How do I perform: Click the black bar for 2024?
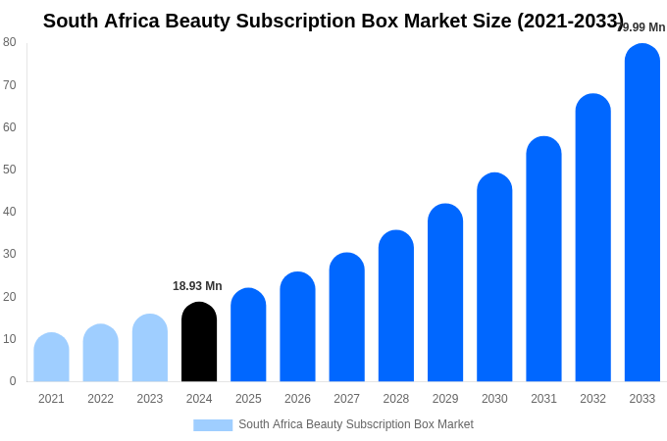[199, 342]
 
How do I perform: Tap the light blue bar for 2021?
[51, 358]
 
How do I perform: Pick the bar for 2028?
[396, 306]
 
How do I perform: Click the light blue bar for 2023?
[150, 348]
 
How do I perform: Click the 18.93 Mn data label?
[197, 286]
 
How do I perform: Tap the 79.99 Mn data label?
[641, 27]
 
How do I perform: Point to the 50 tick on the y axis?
[10, 170]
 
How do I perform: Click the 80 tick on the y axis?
[10, 42]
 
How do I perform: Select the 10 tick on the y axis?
[10, 339]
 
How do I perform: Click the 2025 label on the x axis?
[248, 399]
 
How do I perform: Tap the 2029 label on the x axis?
[445, 399]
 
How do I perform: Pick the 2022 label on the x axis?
[100, 399]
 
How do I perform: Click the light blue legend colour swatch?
[213, 425]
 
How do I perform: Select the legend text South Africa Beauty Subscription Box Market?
[356, 424]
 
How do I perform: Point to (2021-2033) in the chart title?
[570, 21]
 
